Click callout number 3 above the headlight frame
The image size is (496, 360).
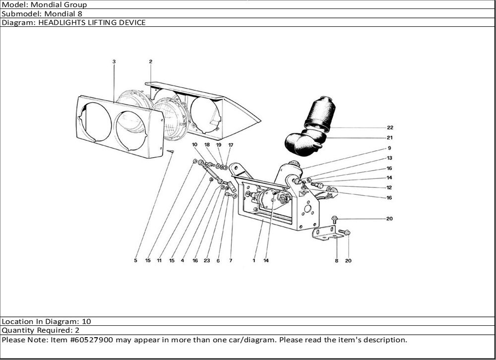(x=114, y=61)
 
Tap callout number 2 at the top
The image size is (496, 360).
(x=150, y=61)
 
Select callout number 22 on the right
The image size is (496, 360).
(x=390, y=127)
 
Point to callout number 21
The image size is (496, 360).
(x=390, y=138)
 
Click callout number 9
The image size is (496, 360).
(x=390, y=148)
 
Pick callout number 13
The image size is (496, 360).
(x=390, y=158)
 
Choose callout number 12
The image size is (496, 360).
(x=390, y=187)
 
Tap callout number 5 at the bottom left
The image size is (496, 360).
(x=135, y=260)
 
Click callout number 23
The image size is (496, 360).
(x=207, y=260)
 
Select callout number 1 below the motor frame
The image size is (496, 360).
(x=254, y=260)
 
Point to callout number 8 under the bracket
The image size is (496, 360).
(x=336, y=261)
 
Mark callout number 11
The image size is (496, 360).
(x=159, y=260)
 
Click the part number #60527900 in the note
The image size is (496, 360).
(x=94, y=340)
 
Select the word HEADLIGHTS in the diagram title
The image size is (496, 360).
(x=61, y=22)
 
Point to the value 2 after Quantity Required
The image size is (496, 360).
(x=77, y=330)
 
